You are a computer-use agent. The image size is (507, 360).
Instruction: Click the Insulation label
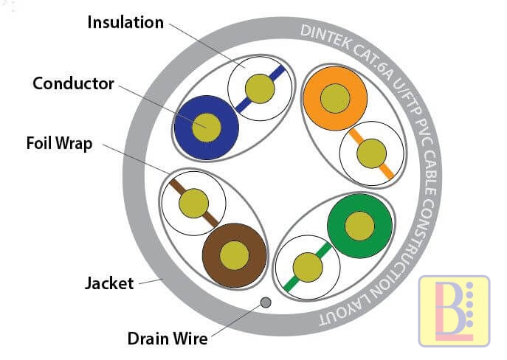pyautogui.click(x=125, y=21)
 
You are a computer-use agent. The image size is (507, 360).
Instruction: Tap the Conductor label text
pyautogui.click(x=74, y=83)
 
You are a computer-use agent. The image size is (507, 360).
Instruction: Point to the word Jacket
pyautogui.click(x=109, y=283)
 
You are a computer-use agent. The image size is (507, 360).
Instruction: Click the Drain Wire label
pyautogui.click(x=168, y=339)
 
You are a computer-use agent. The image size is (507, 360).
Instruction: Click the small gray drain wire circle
pyautogui.click(x=266, y=302)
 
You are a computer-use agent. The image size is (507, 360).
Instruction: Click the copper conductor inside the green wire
pyautogui.click(x=359, y=224)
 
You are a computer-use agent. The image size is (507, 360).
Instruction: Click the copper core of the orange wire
pyautogui.click(x=335, y=98)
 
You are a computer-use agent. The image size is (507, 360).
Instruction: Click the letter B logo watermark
pyautogui.click(x=454, y=311)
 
